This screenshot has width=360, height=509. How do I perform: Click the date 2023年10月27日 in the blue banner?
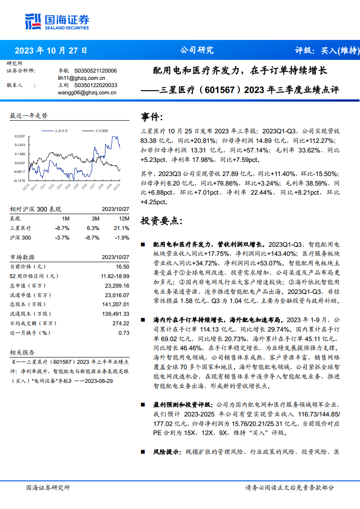pyautogui.click(x=50, y=50)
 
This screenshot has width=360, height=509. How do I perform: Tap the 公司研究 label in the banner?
pyautogui.click(x=197, y=50)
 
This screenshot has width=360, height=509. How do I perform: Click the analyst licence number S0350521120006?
pyautogui.click(x=95, y=71)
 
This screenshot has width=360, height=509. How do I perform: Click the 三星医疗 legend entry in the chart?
pyautogui.click(x=61, y=131)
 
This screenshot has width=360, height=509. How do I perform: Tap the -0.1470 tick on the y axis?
pyautogui.click(x=19, y=180)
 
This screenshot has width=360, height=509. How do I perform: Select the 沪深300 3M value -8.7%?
pyautogui.click(x=92, y=238)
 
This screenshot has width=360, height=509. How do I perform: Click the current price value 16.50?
pyautogui.click(x=123, y=267)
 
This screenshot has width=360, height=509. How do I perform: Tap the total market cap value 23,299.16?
pyautogui.click(x=117, y=286)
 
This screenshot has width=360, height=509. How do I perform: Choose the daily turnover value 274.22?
pyautogui.click(x=120, y=323)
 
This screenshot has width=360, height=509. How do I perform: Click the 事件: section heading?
pyautogui.click(x=152, y=117)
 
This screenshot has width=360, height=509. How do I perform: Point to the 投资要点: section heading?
pyautogui.click(x=162, y=221)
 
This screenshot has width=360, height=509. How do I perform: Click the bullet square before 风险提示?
pyautogui.click(x=143, y=452)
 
